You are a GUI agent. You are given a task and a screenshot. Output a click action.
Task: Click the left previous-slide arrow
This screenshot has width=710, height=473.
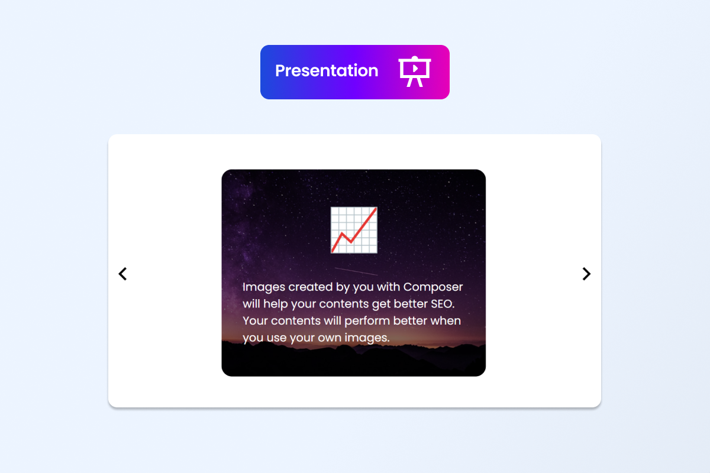[122, 274]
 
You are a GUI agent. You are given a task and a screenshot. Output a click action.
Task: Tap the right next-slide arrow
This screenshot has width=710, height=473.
[586, 274]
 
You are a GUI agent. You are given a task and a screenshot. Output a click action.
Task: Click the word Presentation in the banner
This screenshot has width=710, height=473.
[327, 71]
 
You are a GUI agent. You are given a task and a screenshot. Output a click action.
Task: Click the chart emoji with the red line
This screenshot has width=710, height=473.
[354, 230]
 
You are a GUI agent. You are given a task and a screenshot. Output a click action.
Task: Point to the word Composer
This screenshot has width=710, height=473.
[433, 287]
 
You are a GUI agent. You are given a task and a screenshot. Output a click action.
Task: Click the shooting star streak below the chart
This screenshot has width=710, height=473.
[356, 271]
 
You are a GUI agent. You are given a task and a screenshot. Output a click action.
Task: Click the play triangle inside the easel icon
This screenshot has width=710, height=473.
[416, 68]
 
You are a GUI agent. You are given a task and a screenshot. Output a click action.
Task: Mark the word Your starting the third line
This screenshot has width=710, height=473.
[256, 321]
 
